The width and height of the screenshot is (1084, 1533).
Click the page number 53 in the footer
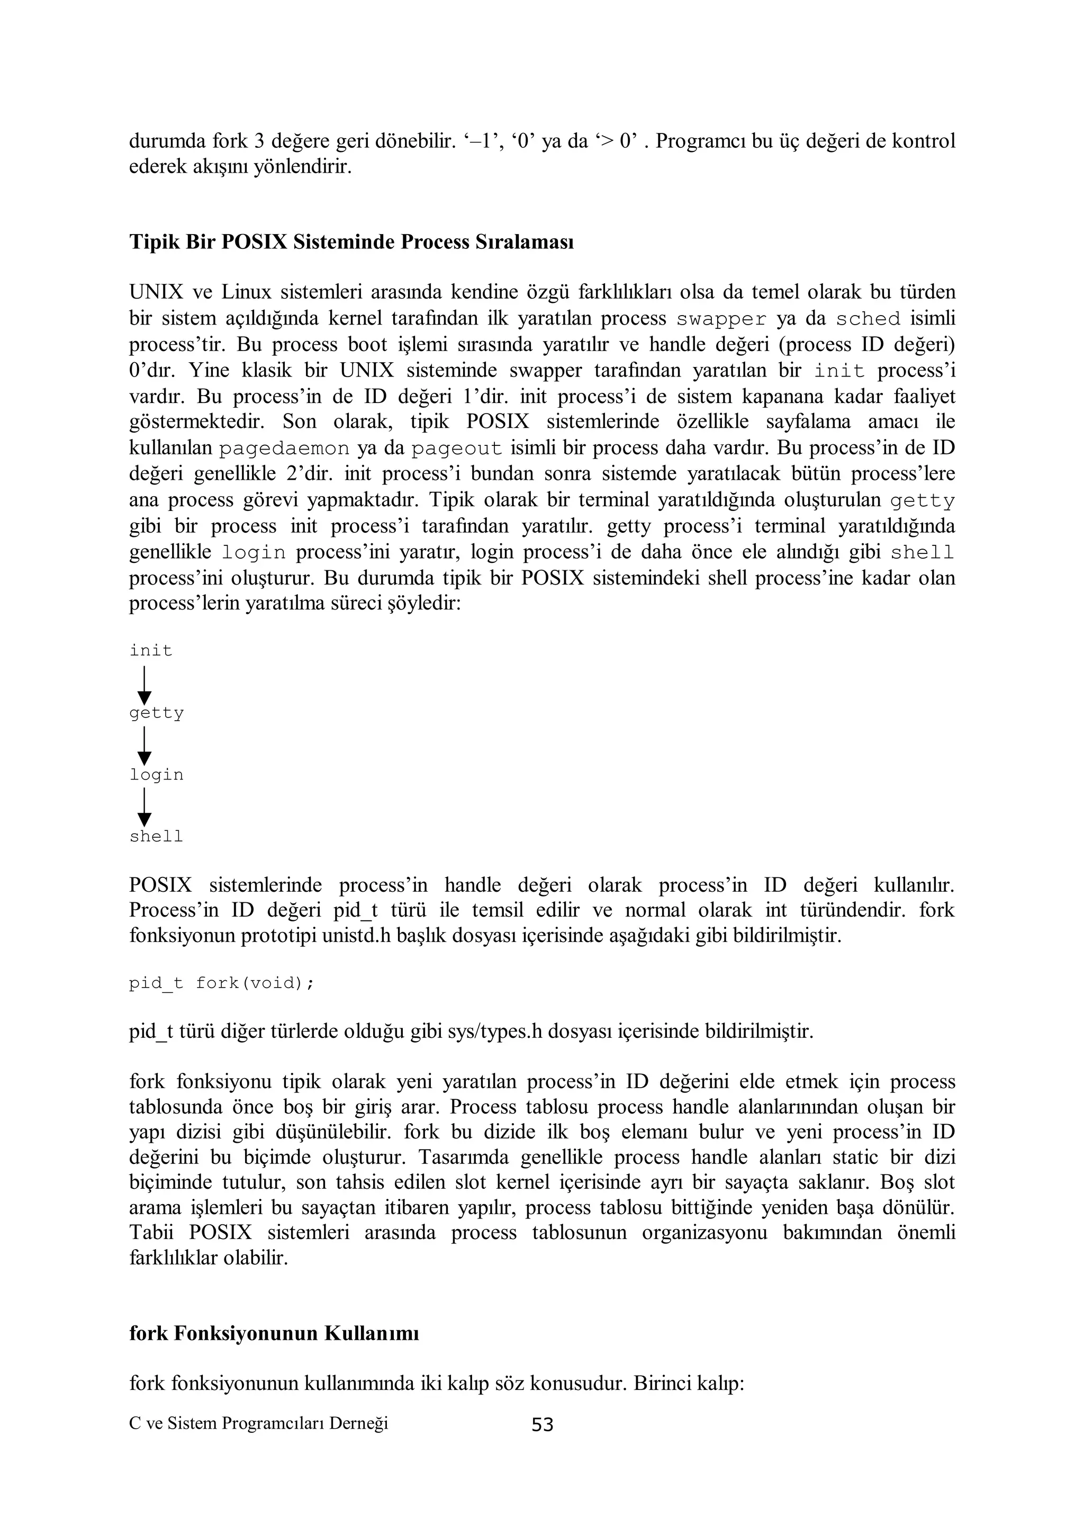(x=542, y=1425)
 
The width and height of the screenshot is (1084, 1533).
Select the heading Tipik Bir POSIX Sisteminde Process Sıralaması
(x=351, y=241)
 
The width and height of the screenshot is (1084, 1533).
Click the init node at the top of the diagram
(x=151, y=650)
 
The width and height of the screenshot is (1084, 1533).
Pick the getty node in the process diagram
(x=156, y=713)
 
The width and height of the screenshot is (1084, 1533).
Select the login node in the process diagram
(x=156, y=775)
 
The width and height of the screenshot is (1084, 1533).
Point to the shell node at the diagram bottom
(x=156, y=837)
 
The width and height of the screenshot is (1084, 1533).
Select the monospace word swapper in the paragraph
(x=721, y=319)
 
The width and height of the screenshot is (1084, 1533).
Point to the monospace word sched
(x=868, y=319)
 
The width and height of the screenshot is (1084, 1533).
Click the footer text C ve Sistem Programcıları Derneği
(x=258, y=1423)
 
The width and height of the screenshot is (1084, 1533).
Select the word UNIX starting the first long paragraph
(x=153, y=292)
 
